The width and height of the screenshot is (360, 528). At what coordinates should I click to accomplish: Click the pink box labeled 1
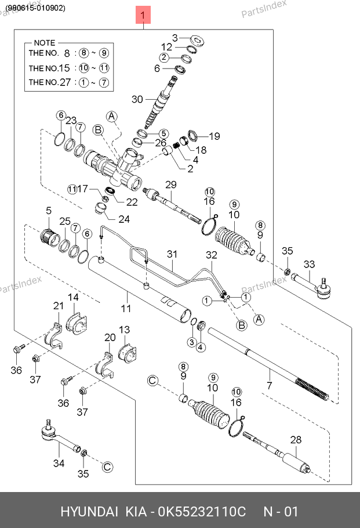tap(143, 15)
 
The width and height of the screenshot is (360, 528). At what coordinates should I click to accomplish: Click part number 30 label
tap(137, 99)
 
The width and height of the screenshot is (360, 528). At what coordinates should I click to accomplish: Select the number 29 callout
tap(170, 185)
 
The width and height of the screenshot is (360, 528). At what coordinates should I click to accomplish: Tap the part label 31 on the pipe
tap(172, 254)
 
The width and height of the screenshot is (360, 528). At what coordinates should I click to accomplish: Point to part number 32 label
tap(211, 255)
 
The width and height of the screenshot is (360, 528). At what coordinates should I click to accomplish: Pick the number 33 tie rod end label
tap(309, 265)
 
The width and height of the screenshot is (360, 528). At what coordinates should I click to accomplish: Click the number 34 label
tap(59, 463)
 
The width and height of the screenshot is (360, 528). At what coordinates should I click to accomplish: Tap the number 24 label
tap(124, 219)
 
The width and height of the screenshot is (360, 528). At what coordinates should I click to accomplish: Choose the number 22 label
tap(132, 202)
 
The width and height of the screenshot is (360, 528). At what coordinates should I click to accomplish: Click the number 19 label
tap(214, 136)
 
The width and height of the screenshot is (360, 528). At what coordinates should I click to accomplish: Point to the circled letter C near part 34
tap(107, 466)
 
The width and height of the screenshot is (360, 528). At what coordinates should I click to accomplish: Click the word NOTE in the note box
tap(45, 43)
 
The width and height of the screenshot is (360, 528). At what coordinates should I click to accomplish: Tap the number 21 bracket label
tap(59, 306)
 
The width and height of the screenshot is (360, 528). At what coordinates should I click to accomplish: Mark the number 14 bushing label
tap(74, 298)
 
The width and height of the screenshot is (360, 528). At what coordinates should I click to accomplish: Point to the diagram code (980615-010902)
tap(36, 8)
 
